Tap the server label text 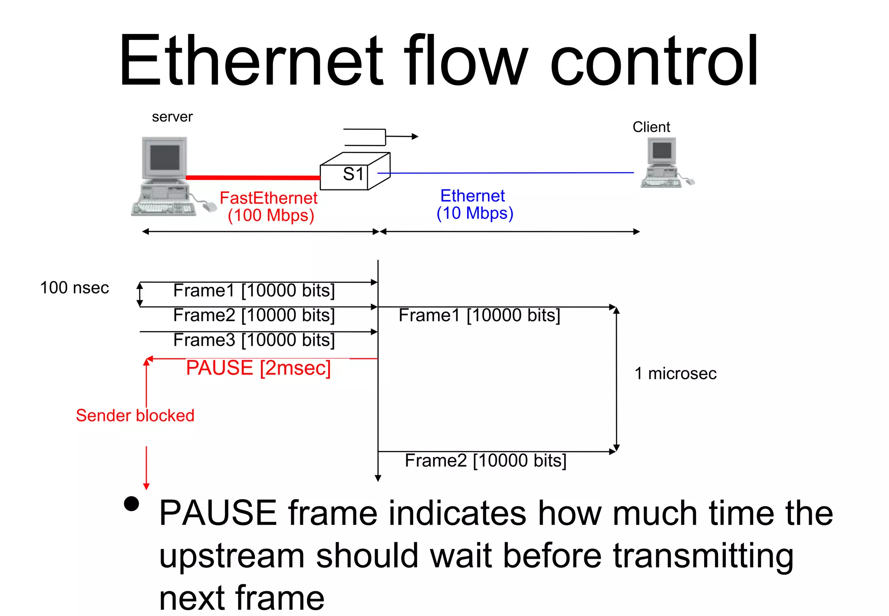coord(172,117)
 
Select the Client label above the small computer coord(651,127)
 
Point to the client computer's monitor coord(662,151)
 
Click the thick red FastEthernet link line coord(252,177)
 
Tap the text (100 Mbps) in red coord(271,215)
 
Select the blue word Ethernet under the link coord(472,196)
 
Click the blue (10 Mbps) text coord(475,213)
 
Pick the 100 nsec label coord(74,288)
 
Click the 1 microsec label coord(675,374)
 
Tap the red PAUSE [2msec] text coord(258,368)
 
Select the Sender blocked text coord(135,416)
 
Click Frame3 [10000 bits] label coord(254,340)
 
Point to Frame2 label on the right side coord(485,460)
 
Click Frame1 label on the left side coord(254,291)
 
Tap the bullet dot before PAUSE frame coord(131,504)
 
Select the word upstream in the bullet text coord(232,556)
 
